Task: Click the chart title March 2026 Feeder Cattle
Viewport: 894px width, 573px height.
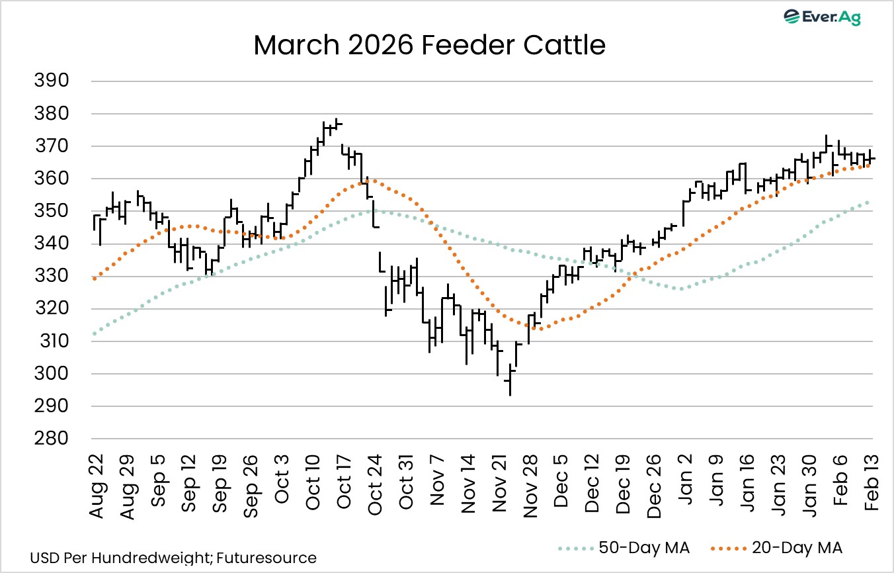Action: (x=429, y=46)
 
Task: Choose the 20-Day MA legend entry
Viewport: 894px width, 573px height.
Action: (x=777, y=548)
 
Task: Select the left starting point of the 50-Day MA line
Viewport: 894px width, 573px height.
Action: (x=95, y=333)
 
